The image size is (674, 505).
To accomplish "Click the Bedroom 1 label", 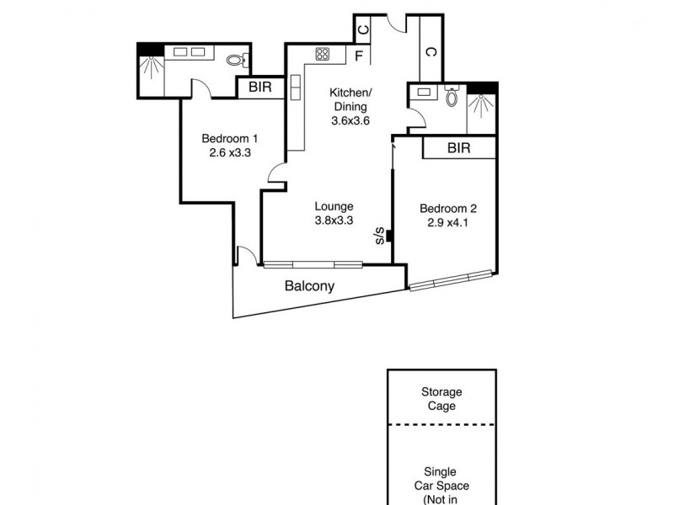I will pos(229,139).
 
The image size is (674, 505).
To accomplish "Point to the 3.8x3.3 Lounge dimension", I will pos(334,221).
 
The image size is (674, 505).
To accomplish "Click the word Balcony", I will pos(309,286).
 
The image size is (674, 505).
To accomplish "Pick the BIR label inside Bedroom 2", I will pos(458,148).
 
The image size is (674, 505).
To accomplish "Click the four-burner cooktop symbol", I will pos(323,55).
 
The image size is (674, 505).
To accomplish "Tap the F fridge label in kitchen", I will pos(359,57).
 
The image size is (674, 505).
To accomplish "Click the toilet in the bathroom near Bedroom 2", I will pos(452,98).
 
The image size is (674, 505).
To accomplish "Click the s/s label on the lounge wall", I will pos(380,235).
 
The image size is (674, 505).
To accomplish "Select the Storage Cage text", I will pos(442,399).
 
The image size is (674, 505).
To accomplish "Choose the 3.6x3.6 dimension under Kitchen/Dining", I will pos(350,120).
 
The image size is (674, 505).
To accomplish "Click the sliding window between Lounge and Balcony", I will pos(313,264).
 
